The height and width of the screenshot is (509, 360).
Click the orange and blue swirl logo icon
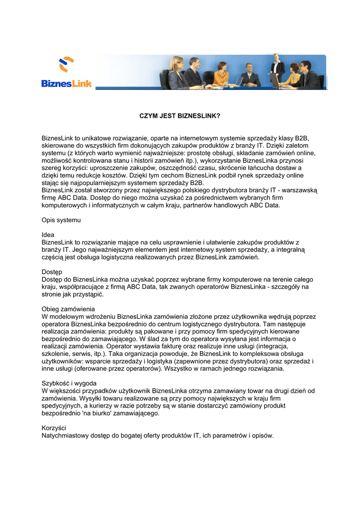(x=67, y=65)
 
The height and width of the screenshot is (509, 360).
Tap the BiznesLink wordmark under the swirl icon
(x=67, y=84)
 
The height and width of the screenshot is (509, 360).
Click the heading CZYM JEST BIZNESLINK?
(x=179, y=116)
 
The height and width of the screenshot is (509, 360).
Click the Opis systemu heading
(x=61, y=219)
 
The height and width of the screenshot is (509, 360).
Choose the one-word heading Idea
(x=48, y=235)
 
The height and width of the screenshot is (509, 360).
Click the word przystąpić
(x=87, y=294)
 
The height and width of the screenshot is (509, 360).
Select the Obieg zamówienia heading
(x=68, y=309)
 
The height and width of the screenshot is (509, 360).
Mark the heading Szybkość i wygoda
(x=69, y=383)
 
